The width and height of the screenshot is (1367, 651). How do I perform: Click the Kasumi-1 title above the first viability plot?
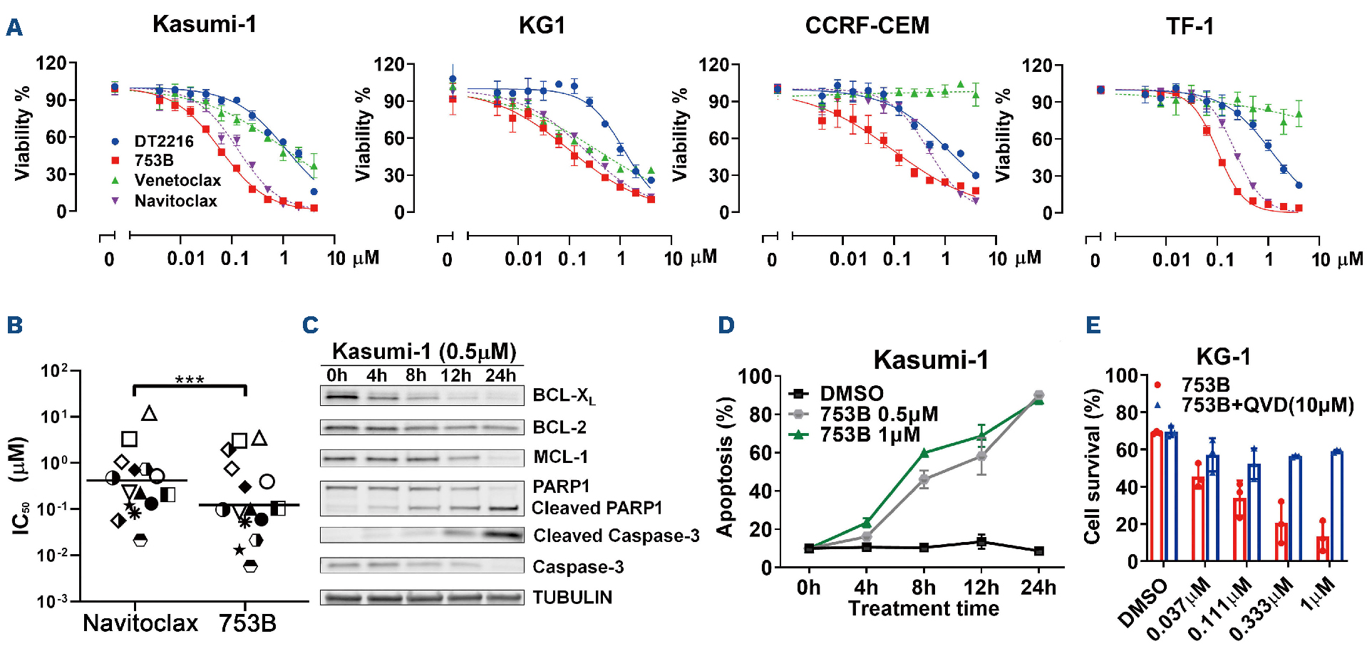click(x=204, y=24)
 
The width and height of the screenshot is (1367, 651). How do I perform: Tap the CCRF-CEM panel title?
click(x=867, y=26)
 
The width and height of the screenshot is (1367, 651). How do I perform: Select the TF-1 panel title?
click(x=1189, y=26)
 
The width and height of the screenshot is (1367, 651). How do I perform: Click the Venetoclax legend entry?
click(x=177, y=180)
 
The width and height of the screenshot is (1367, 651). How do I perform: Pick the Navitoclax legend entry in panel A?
click(x=175, y=201)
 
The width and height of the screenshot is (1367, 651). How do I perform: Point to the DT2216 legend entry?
click(x=164, y=141)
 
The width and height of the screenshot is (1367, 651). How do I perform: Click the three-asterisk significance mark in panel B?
click(x=190, y=380)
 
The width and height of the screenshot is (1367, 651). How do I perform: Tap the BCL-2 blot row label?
click(x=559, y=427)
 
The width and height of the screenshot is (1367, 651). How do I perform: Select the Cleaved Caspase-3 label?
click(x=617, y=536)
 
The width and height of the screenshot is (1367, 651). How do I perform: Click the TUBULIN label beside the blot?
click(x=572, y=597)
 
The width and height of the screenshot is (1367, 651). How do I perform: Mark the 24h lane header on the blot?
click(x=500, y=375)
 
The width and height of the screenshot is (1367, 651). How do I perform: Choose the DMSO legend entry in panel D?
click(x=851, y=393)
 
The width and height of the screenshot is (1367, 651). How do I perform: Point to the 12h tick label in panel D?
click(x=981, y=588)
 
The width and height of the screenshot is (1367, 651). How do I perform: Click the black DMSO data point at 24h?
click(x=1038, y=551)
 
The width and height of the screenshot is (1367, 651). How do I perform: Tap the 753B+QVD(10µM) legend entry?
click(x=1267, y=405)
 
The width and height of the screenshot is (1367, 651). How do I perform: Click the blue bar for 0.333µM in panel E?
click(x=1295, y=509)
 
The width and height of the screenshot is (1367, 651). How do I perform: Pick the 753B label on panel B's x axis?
click(x=247, y=623)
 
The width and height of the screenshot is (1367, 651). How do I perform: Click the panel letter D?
click(x=726, y=325)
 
